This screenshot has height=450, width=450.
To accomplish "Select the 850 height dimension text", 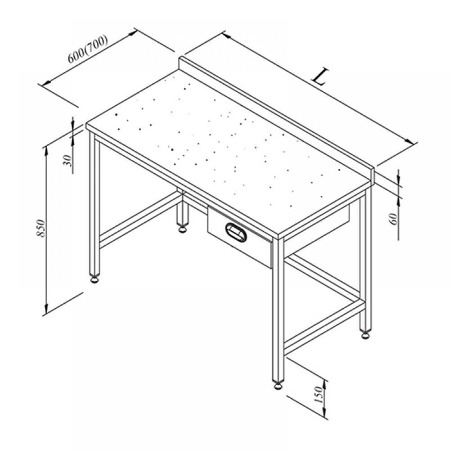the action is pos(41,228).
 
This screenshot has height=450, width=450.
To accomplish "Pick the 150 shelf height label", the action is pos(319,395).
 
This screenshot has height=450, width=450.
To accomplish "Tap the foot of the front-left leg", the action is pos(95,279).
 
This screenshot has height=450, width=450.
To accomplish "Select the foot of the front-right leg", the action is pos(278,386).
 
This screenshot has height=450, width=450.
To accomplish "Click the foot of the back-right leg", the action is pos(365,335).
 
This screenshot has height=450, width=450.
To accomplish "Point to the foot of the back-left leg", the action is pos(182,229).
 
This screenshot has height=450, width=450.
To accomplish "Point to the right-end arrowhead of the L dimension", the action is pos(410,142).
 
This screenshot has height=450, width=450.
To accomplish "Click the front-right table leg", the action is pos(278,310).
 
